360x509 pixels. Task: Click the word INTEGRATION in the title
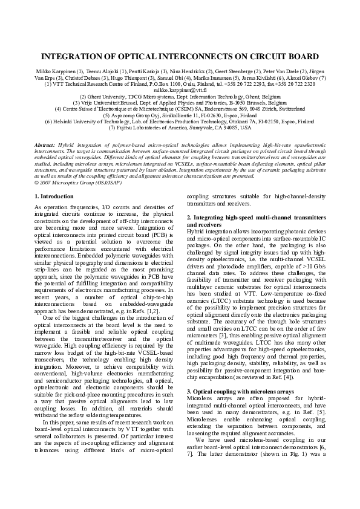pyautogui.click(x=75, y=57)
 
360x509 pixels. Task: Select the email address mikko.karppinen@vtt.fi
pyautogui.click(x=180, y=89)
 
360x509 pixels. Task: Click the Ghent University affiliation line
pyautogui.click(x=180, y=96)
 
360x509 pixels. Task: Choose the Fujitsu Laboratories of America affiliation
pyautogui.click(x=180, y=128)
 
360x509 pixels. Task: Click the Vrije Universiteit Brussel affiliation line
pyautogui.click(x=180, y=103)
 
